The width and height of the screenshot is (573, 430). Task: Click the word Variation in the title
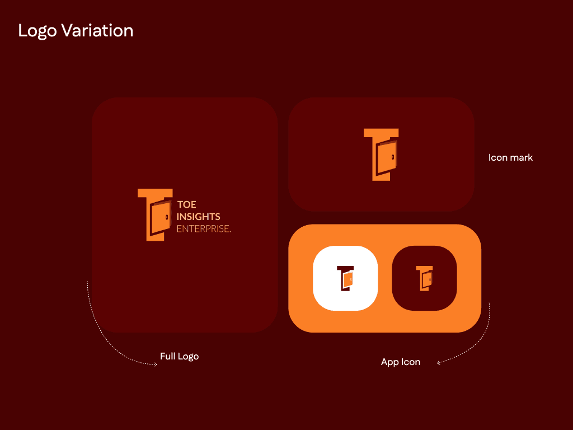point(97,30)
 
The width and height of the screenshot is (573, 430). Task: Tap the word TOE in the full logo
point(187,204)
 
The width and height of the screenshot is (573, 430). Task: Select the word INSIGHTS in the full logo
point(199,217)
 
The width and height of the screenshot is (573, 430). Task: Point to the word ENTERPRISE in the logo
point(203,228)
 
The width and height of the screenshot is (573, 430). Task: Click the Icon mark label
point(510,157)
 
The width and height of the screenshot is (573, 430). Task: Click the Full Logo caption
point(180,356)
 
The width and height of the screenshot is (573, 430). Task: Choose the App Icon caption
point(401,362)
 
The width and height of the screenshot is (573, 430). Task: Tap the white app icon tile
point(345,278)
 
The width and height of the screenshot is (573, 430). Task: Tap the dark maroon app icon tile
point(424,278)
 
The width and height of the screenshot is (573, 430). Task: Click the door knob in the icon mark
point(393,157)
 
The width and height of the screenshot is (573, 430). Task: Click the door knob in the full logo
point(167,217)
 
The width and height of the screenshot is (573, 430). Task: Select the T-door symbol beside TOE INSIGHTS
point(155,214)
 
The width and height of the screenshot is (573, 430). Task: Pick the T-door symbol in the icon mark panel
point(381,155)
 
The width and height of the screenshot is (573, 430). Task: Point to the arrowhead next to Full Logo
point(156,364)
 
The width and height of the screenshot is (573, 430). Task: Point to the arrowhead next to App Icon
point(439,362)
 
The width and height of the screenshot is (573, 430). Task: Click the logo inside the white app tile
point(345,278)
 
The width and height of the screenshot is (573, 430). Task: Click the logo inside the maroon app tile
point(424,278)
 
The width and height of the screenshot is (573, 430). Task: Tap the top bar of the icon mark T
point(381,133)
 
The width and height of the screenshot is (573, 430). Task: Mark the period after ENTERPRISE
point(230,232)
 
